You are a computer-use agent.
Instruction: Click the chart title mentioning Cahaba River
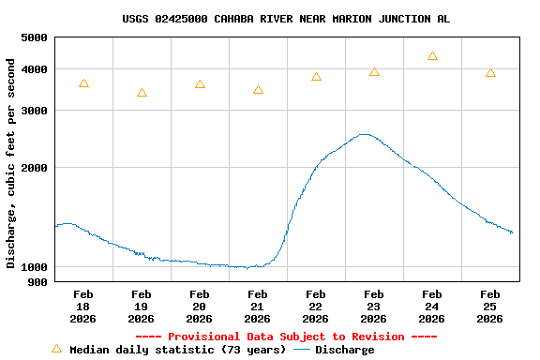click(x=285, y=19)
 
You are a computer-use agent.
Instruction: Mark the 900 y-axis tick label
click(x=37, y=282)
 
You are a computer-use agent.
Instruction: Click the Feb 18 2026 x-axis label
click(x=82, y=307)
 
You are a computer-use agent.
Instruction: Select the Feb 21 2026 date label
click(x=257, y=307)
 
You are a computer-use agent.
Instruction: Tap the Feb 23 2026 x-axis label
click(x=373, y=307)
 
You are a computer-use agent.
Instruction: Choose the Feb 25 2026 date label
click(x=489, y=307)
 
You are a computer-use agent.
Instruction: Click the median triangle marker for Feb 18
click(x=83, y=84)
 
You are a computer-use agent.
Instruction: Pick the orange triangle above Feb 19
click(x=142, y=93)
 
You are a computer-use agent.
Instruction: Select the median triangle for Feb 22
click(x=316, y=77)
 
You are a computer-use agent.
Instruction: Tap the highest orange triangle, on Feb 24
click(x=432, y=56)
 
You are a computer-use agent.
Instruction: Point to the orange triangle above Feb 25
click(x=490, y=73)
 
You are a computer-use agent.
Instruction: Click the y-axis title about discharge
click(x=11, y=163)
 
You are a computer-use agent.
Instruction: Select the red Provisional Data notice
click(x=286, y=337)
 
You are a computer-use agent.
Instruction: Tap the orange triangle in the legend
click(x=56, y=349)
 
